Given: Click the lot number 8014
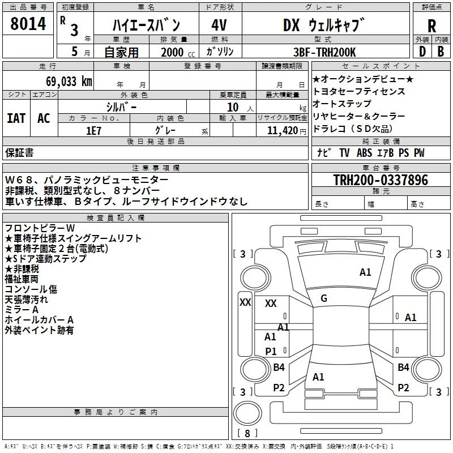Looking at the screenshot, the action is pos(28,23).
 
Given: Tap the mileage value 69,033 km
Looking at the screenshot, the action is pos(69,82).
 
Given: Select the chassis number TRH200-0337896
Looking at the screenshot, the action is pos(381,180).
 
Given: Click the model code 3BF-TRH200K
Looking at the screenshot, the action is pos(324,52).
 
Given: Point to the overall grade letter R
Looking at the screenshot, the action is pos(431,26).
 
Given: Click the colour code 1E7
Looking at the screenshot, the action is pos(93,131).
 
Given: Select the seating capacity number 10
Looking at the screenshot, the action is pos(233,107).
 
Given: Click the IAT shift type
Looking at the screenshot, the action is pos(16,118).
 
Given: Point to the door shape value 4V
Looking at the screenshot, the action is pos(219,25).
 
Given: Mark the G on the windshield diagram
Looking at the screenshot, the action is pos(324,298).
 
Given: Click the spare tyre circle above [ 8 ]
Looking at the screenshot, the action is pos(247,413).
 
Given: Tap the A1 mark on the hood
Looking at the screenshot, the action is pos(365,272).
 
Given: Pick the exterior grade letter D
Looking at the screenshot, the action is pos(422,52).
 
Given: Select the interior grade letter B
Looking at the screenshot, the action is pos(441,52).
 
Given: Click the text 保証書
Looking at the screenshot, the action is pos(19,152).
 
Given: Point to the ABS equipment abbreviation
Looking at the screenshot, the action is pos(364,152).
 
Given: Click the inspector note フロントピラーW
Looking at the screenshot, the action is pos(40,228).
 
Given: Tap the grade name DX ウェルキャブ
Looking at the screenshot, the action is pos(323,25).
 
